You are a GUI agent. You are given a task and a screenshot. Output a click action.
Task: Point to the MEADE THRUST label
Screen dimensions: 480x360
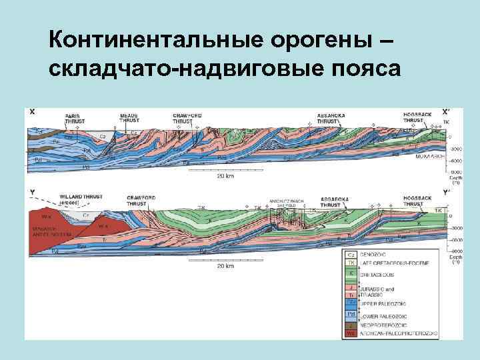(129, 118)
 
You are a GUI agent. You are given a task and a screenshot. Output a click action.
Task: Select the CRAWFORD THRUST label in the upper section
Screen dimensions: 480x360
(187, 118)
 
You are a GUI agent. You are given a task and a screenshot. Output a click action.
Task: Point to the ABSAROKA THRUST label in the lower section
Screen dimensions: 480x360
(333, 202)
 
